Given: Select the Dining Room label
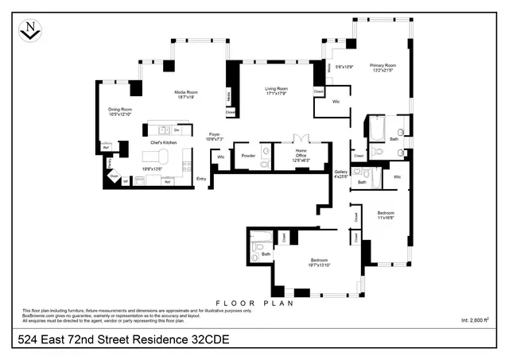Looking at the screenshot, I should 120,111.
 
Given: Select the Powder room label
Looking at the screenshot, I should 248,155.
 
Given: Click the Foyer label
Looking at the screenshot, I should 214,136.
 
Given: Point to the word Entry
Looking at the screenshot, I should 201,179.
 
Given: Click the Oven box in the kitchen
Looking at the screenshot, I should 114,176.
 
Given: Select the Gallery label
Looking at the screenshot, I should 341,173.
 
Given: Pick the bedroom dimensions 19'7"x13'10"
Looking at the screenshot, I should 318,265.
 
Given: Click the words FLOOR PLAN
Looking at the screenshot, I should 254,304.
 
